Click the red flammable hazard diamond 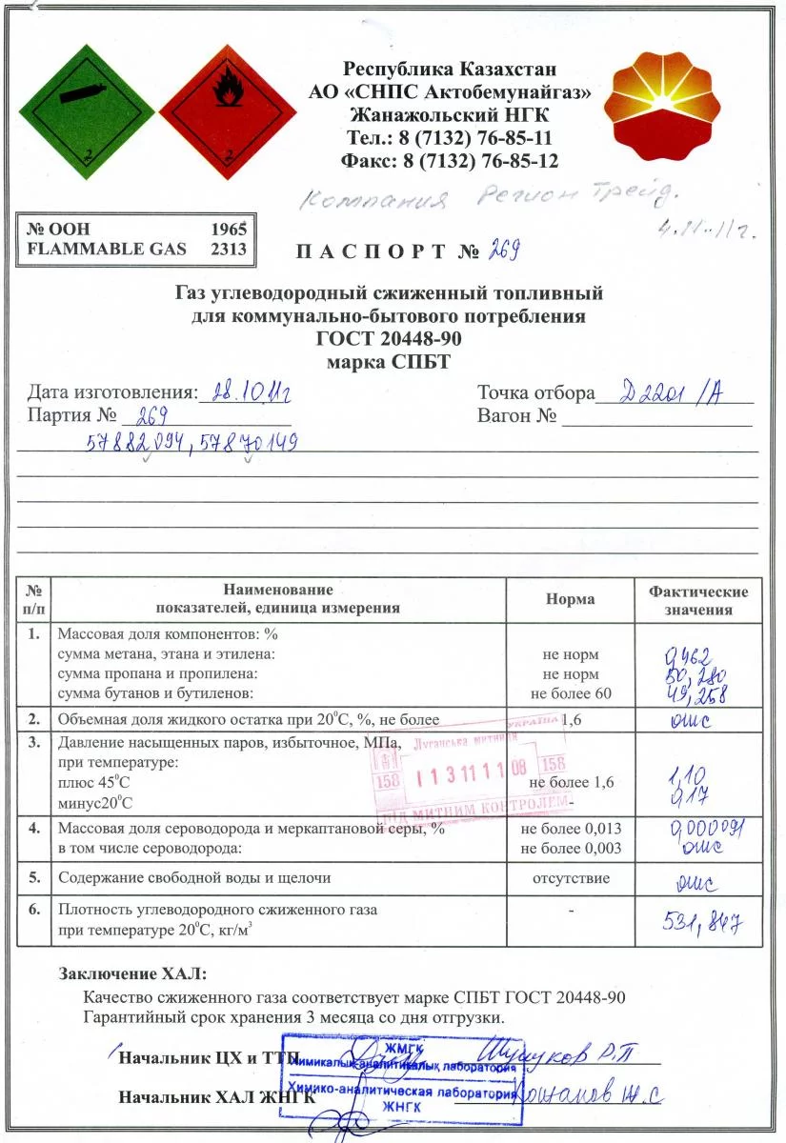pos(229,106)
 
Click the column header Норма pos(570,599)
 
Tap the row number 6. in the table pos(33,910)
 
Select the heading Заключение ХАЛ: pos(132,974)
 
